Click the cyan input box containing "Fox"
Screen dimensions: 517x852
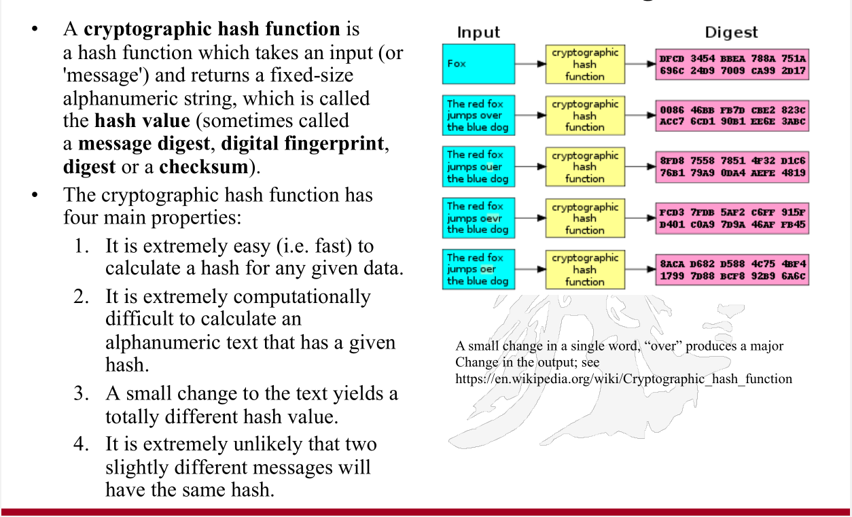coord(478,64)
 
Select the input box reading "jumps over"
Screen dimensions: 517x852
coord(478,115)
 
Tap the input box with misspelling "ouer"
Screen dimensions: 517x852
coord(478,167)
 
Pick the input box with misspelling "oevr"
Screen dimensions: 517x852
coord(478,218)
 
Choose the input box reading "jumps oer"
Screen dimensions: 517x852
coord(478,269)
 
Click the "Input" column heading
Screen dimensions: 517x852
coord(478,32)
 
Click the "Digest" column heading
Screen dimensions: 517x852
coord(731,32)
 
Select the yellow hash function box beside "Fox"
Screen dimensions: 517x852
coord(584,64)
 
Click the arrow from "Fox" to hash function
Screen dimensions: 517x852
coord(531,64)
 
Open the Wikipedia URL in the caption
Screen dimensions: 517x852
coord(624,379)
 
